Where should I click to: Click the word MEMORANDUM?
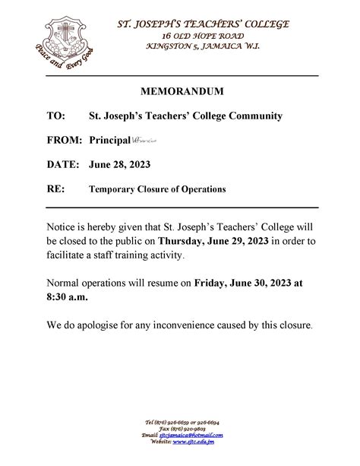[182, 91]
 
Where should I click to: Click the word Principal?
[109, 141]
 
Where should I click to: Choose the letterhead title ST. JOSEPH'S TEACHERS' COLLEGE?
[202, 24]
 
